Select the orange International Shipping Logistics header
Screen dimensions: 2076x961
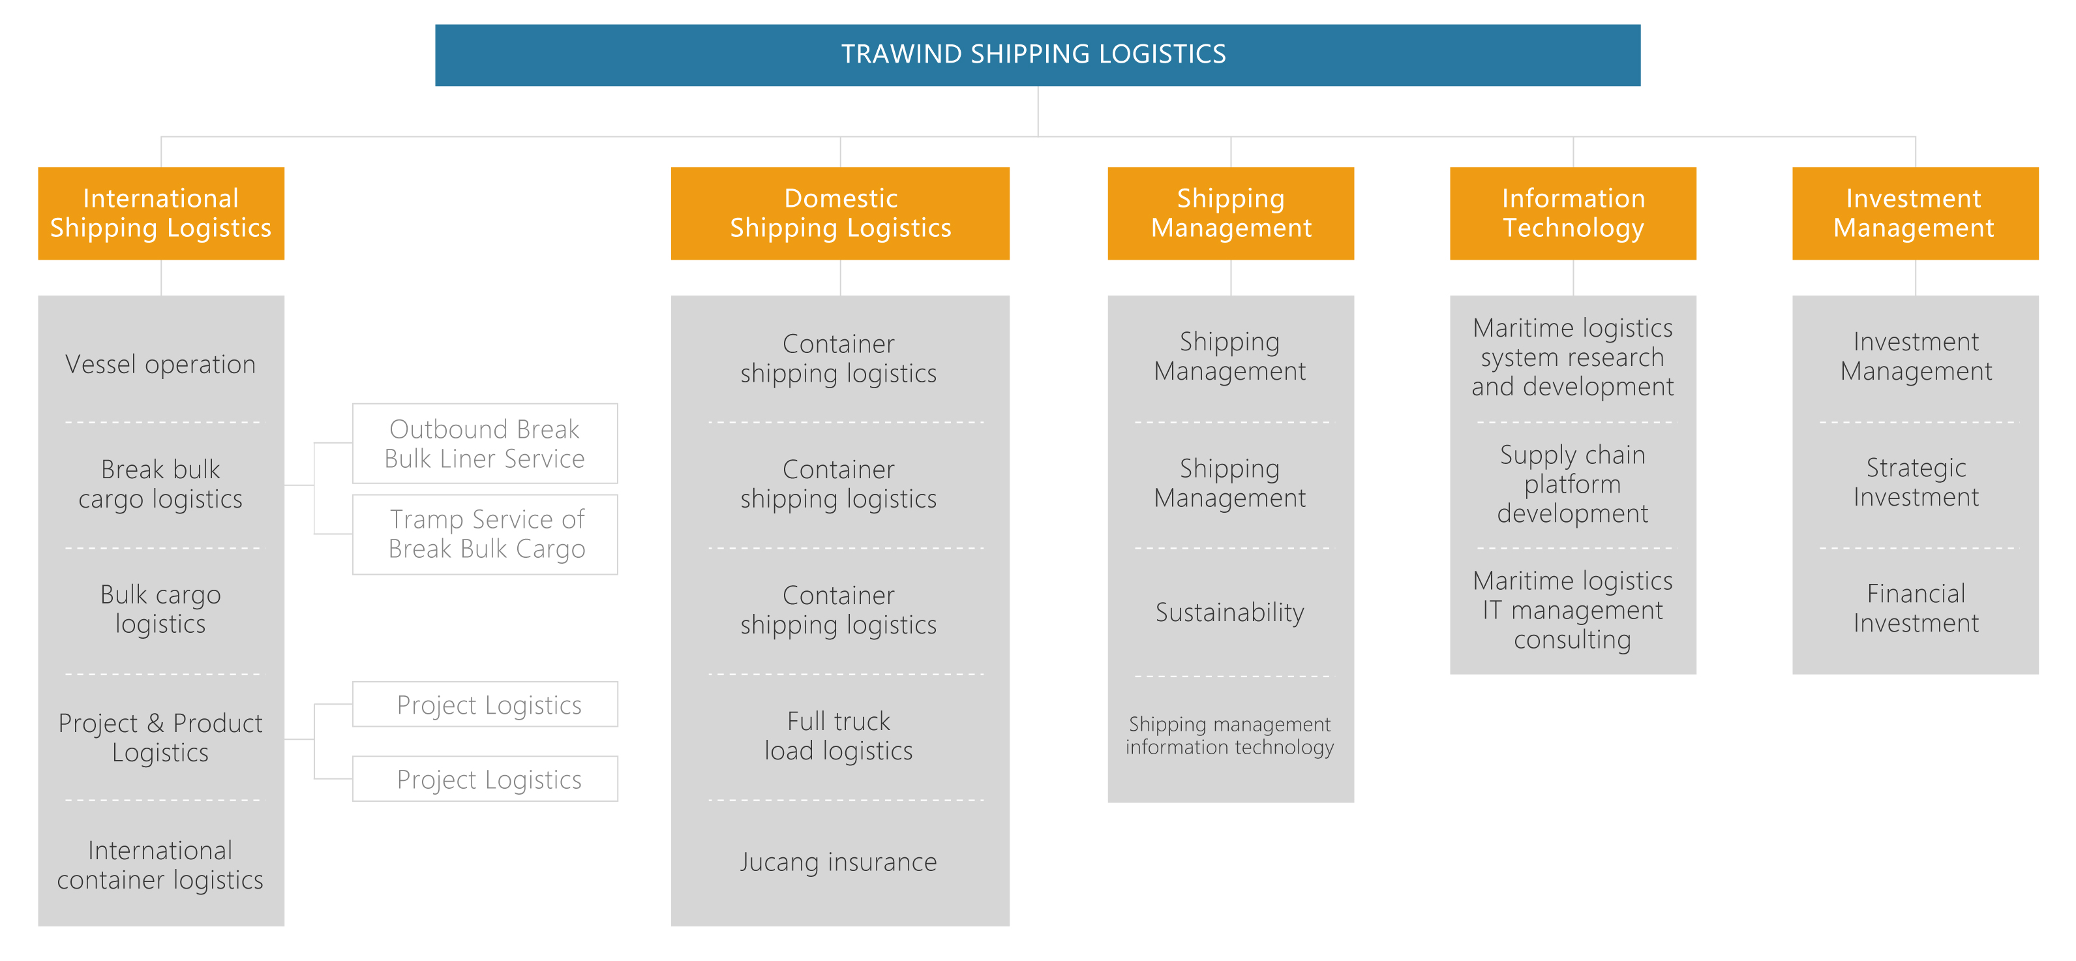161,213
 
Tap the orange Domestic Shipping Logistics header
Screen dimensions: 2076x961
840,213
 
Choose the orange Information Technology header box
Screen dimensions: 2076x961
1572,213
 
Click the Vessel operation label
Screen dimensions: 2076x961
160,365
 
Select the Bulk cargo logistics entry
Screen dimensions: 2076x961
160,609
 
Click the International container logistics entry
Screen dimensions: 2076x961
160,864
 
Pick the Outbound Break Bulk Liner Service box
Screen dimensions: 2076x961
485,444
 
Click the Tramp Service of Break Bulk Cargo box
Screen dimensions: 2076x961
485,534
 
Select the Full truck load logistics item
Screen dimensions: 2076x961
839,735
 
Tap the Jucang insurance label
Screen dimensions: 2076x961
839,862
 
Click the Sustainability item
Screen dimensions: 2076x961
1230,612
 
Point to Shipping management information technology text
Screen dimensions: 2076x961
1230,735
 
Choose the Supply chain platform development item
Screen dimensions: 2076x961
1572,483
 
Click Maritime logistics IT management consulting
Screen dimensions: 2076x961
1572,609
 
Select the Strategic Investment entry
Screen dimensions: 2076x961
1916,482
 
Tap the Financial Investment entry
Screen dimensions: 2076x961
1916,608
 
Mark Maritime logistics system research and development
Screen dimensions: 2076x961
1572,357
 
